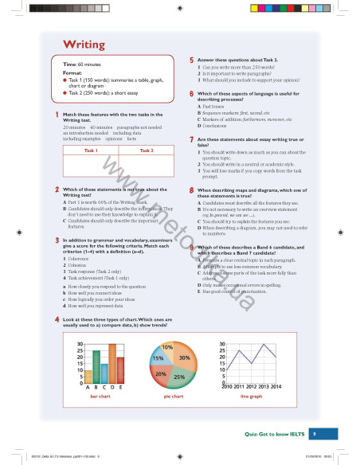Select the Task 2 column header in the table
[146, 150]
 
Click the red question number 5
[191, 61]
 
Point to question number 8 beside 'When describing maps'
[191, 191]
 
